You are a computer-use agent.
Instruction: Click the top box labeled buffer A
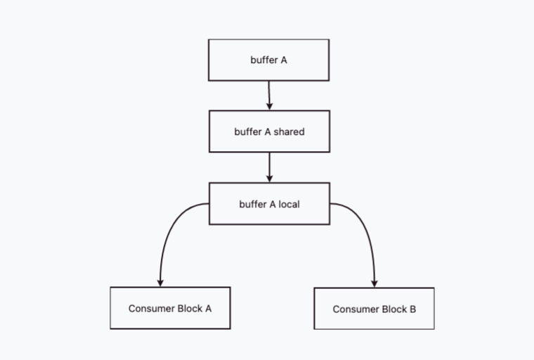point(268,60)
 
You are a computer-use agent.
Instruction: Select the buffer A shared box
point(269,131)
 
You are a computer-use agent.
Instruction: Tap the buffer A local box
point(269,203)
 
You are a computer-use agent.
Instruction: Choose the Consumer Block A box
point(170,308)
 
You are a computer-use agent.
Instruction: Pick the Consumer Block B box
point(374,309)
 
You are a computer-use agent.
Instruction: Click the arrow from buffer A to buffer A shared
point(269,96)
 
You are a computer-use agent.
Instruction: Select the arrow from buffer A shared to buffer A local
point(269,167)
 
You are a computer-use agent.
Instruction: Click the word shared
point(289,131)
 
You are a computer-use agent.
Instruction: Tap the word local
point(289,204)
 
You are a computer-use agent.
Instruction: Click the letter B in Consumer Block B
point(412,309)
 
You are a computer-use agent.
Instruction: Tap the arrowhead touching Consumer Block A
point(160,283)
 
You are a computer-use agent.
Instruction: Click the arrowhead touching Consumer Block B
point(375,283)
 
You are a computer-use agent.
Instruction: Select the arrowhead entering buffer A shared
point(269,106)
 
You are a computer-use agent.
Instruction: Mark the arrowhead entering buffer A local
point(269,179)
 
